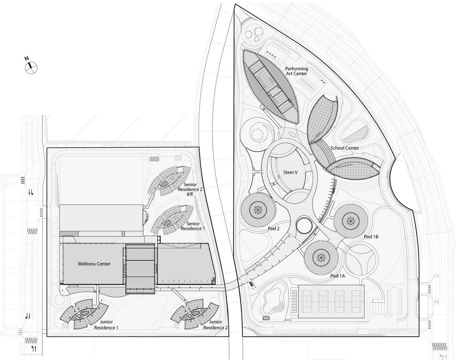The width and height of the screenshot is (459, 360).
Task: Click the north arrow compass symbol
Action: (x=31, y=67)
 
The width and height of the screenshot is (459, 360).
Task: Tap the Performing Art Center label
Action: (x=296, y=71)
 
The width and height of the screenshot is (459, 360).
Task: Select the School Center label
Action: (x=345, y=148)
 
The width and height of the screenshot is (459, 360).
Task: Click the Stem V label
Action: (x=290, y=172)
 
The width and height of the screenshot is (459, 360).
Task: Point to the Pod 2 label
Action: (x=272, y=228)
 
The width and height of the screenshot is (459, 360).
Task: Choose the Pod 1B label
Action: (x=371, y=236)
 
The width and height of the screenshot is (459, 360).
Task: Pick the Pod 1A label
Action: (x=338, y=276)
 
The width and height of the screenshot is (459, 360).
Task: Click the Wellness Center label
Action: (x=94, y=264)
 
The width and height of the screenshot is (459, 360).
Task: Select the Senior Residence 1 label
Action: (x=193, y=226)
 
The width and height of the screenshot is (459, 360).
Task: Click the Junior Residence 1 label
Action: (x=106, y=325)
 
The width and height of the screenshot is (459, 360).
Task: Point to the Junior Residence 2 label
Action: (x=216, y=325)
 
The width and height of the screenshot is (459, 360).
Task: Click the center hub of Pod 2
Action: (x=258, y=210)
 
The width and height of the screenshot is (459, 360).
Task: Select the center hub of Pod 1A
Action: (x=320, y=257)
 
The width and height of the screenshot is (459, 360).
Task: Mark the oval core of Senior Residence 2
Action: (x=164, y=184)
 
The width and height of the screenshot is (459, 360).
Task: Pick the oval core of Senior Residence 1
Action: (x=168, y=223)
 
